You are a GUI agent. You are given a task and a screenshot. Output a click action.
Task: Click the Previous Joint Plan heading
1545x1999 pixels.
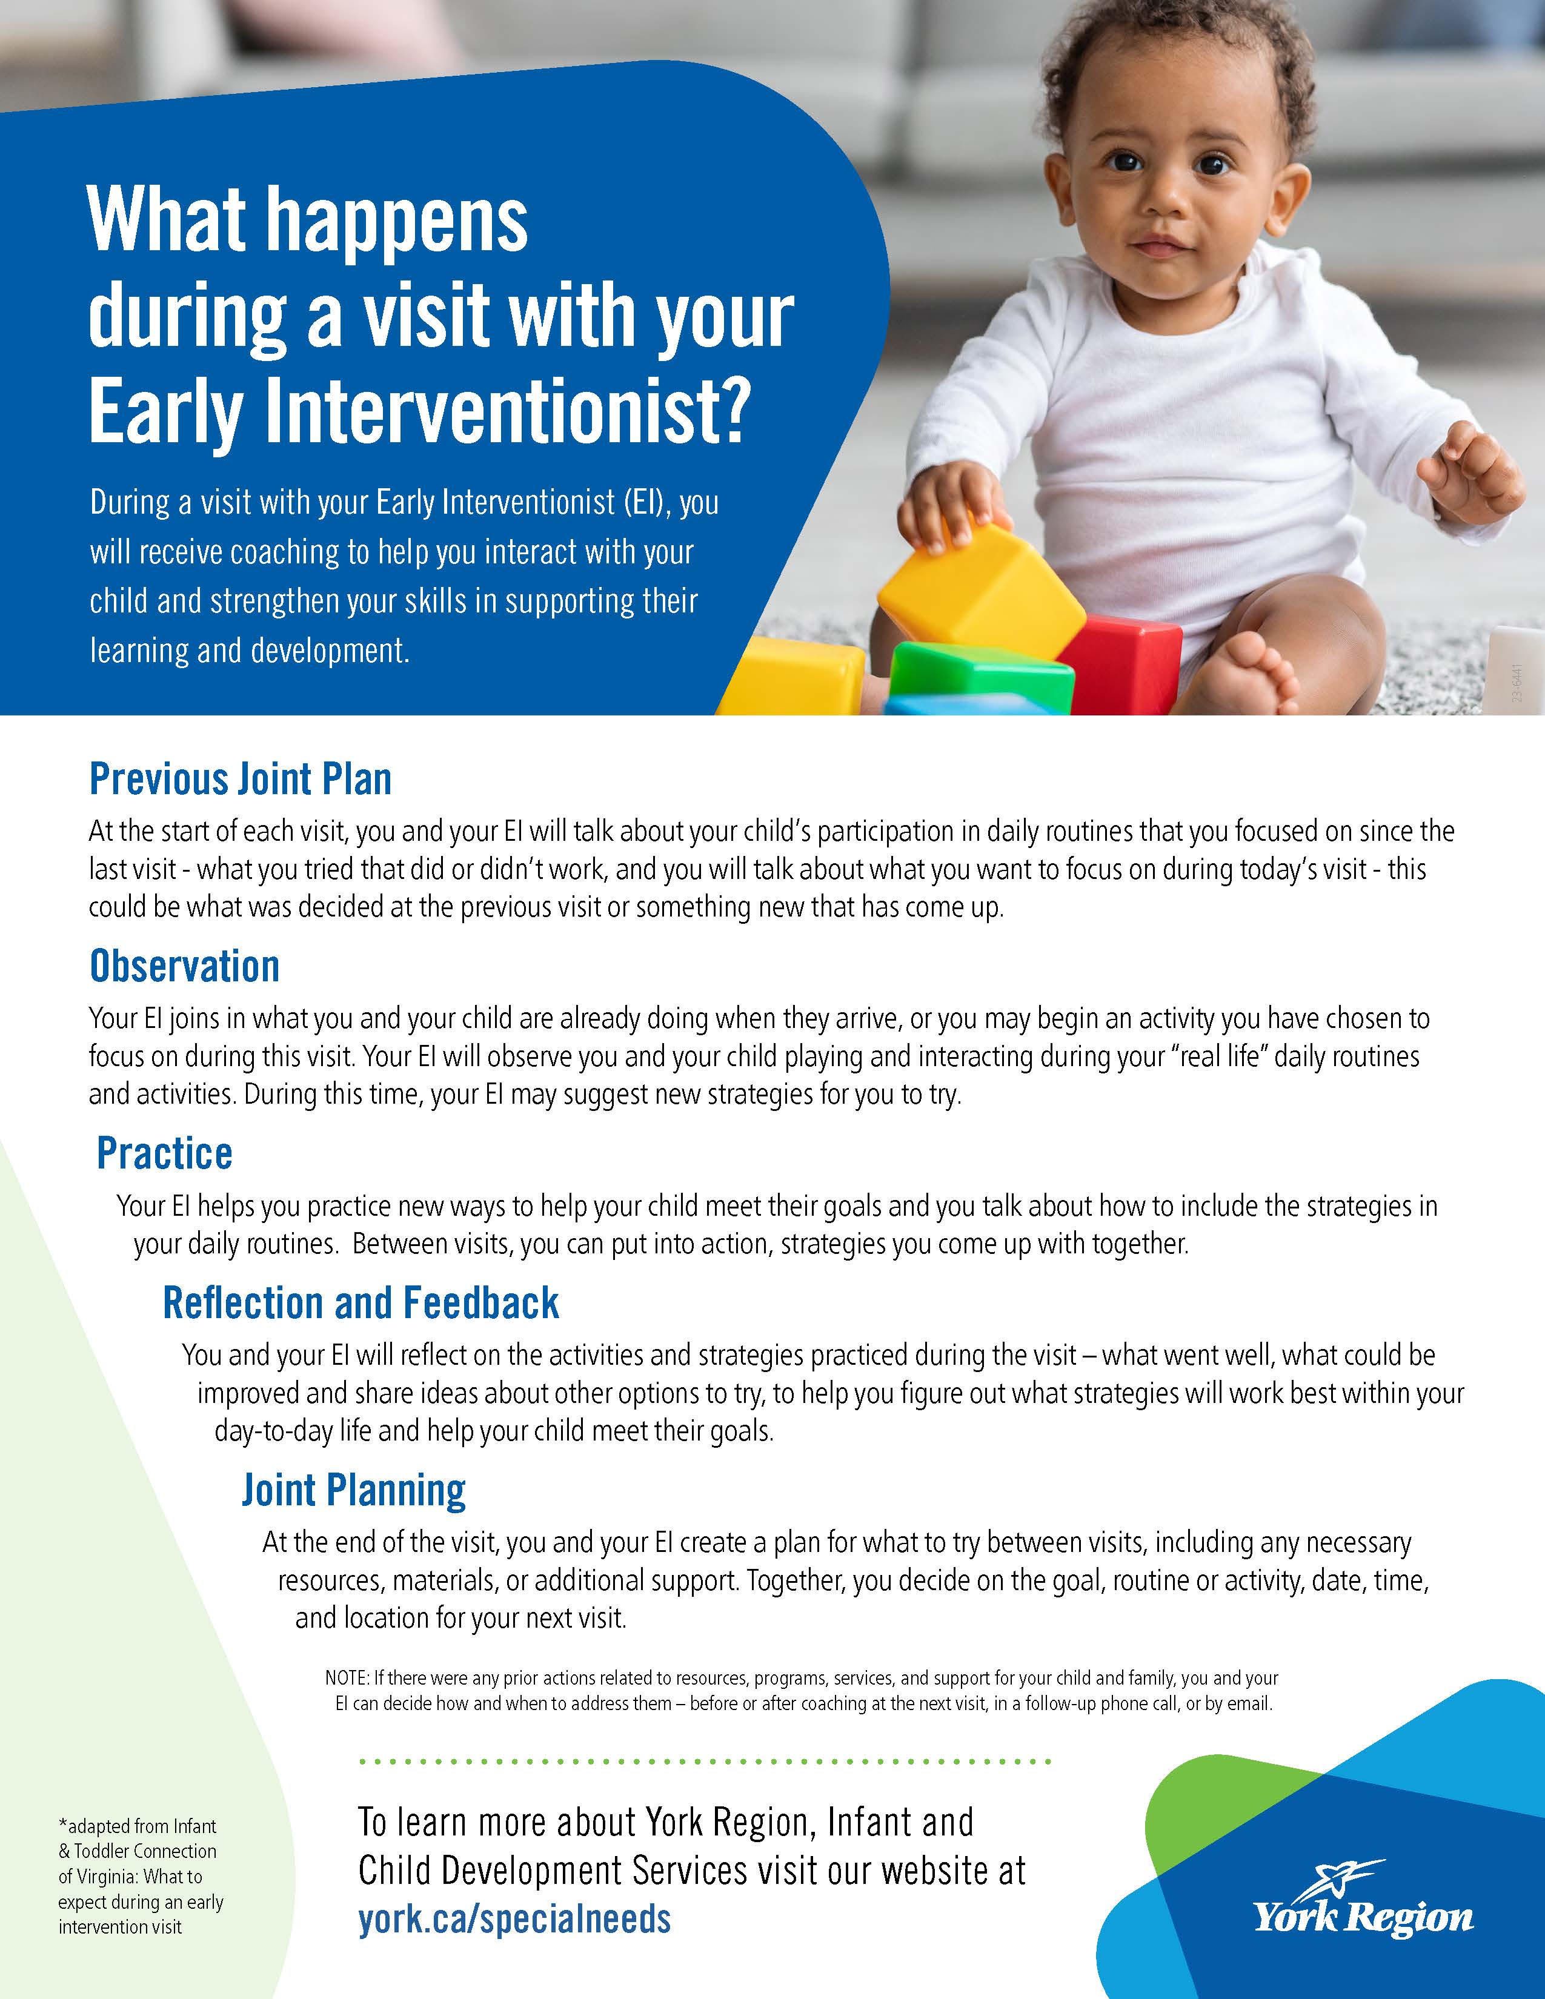pos(240,779)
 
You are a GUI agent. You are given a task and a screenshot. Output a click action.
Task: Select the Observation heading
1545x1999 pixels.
pos(184,967)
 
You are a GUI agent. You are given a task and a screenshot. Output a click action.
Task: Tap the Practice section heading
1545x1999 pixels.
pos(165,1153)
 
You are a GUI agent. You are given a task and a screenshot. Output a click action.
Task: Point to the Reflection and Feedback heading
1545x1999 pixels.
pos(360,1302)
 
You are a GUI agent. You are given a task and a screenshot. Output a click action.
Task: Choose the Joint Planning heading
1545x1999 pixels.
pos(353,1492)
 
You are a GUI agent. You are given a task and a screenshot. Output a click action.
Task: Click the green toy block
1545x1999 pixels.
pos(981,675)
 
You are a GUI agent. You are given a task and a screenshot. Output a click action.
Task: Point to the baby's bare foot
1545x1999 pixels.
pos(1254,673)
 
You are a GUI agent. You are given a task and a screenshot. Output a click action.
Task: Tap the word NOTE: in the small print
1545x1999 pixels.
pos(347,1679)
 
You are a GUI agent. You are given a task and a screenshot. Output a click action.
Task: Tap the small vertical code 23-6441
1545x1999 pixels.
pos(1518,683)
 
